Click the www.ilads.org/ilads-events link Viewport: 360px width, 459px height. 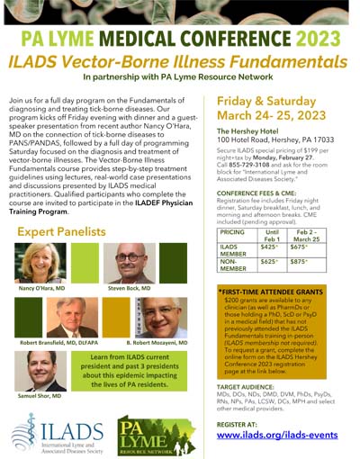[282, 435]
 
